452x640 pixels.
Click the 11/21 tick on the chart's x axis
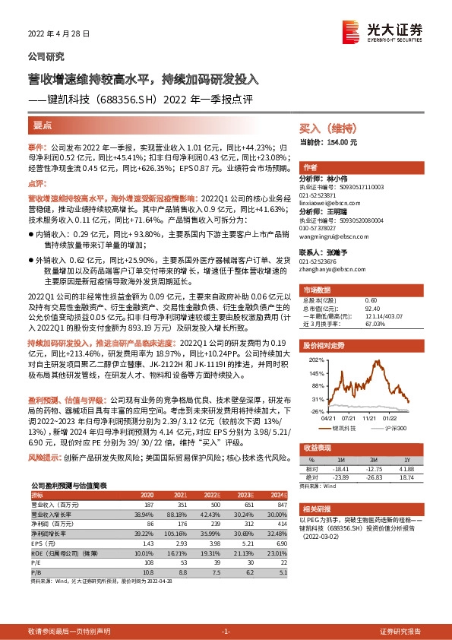click(370, 418)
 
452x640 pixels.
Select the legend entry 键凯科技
click(346, 427)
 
